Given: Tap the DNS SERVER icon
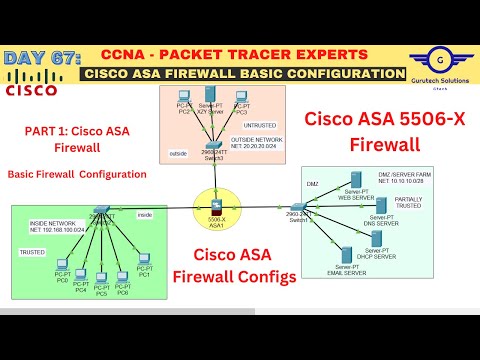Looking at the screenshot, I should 381,208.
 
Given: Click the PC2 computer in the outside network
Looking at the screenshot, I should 184,100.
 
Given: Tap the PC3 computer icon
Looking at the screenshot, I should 241,100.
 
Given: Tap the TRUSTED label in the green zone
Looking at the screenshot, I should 34,253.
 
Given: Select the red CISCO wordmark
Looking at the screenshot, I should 31,91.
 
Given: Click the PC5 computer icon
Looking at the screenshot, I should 101,278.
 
